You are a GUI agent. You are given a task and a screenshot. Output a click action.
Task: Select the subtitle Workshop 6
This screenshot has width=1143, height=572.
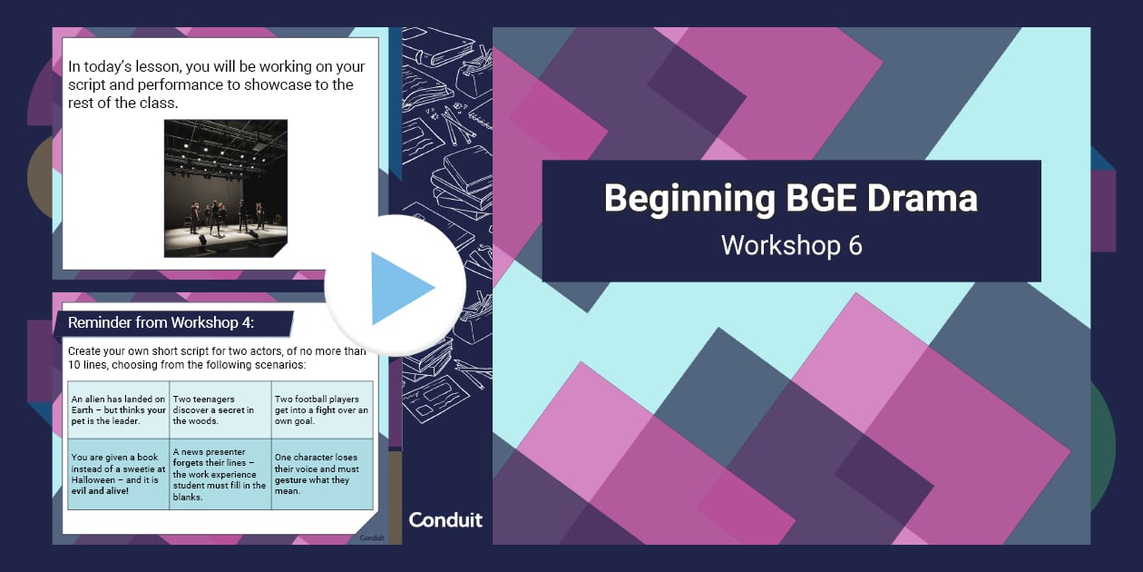[791, 245]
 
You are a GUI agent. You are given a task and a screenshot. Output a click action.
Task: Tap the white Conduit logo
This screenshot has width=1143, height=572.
[445, 520]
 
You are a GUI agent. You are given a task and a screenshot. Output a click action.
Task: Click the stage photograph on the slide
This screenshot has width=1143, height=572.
[226, 188]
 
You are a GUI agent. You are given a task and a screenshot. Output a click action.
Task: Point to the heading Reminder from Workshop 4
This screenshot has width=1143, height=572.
[161, 323]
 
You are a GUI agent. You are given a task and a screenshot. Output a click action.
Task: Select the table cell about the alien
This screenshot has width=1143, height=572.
[118, 410]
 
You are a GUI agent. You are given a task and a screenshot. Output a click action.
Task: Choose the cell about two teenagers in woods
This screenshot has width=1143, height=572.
[220, 410]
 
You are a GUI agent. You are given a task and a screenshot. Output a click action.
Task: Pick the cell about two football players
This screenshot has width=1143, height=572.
[322, 410]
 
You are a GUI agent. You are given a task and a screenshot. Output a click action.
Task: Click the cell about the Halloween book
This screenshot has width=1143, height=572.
[118, 474]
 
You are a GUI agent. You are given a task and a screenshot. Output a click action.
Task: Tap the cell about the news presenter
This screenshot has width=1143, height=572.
[220, 474]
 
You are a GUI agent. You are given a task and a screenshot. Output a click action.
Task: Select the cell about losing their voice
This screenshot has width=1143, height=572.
[322, 474]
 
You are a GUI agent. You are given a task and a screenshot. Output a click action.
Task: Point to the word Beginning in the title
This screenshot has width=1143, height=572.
[689, 199]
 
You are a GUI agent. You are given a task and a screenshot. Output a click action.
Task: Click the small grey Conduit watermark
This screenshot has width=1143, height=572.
[372, 537]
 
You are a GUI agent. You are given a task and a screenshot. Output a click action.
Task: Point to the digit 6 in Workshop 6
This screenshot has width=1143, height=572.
[855, 246]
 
